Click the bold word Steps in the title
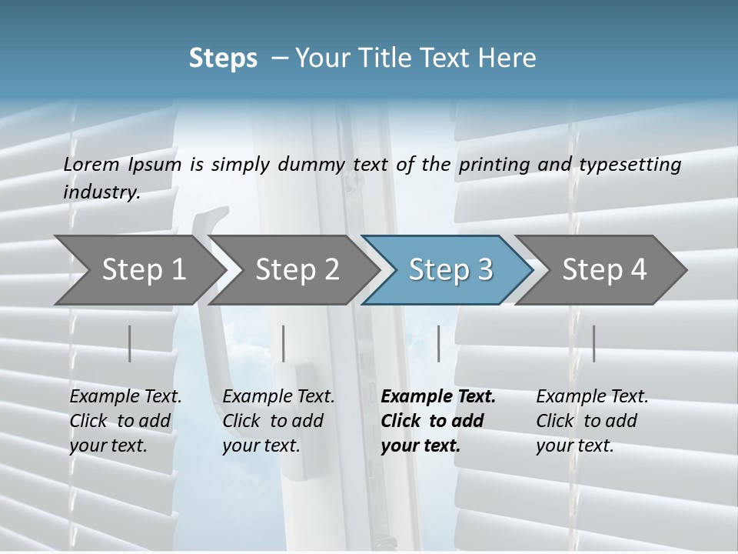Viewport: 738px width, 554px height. pyautogui.click(x=223, y=58)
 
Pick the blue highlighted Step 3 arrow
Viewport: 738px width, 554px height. pyautogui.click(x=450, y=269)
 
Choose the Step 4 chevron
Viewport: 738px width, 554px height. pyautogui.click(x=604, y=269)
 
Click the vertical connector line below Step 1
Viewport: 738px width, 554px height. pyautogui.click(x=130, y=343)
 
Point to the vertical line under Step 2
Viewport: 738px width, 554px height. pyautogui.click(x=284, y=343)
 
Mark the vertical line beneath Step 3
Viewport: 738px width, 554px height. pyautogui.click(x=439, y=343)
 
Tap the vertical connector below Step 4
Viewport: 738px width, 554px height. pyautogui.click(x=594, y=343)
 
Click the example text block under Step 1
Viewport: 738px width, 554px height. pyautogui.click(x=125, y=421)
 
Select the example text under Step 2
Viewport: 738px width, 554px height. pyautogui.click(x=278, y=421)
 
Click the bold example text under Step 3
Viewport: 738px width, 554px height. pyautogui.click(x=438, y=421)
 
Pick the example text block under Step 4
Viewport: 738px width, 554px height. pyautogui.click(x=592, y=421)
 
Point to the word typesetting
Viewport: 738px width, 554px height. pyautogui.click(x=629, y=165)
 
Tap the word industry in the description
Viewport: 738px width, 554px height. pyautogui.click(x=101, y=192)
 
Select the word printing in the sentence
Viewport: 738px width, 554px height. pyautogui.click(x=494, y=165)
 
